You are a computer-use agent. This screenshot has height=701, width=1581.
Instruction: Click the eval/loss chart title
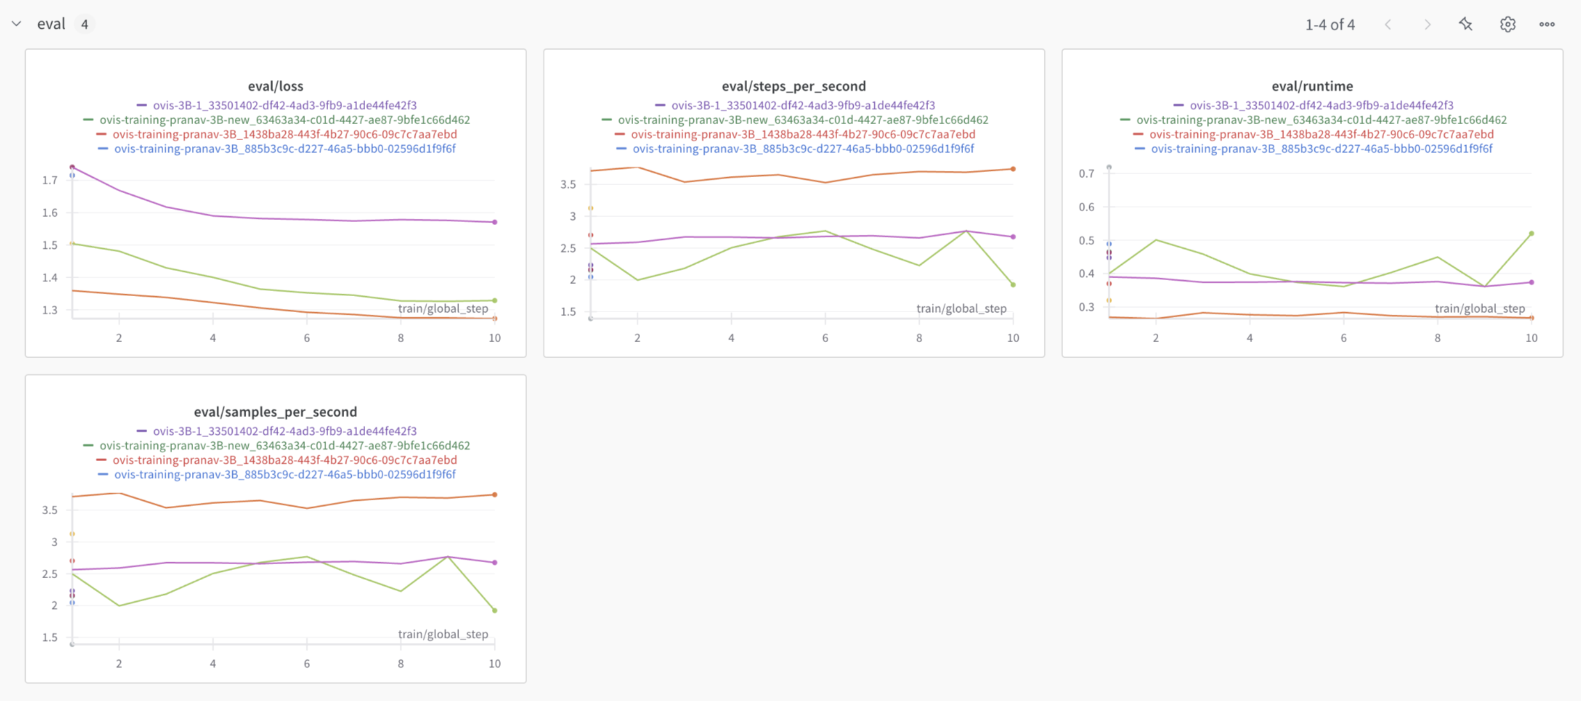click(276, 86)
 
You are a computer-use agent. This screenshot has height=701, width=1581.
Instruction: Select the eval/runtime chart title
click(1312, 86)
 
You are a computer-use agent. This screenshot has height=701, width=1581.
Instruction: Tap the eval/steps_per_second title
click(794, 86)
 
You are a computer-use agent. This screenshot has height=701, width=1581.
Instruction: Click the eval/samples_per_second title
click(276, 412)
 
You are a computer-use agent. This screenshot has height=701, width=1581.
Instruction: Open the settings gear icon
click(1507, 24)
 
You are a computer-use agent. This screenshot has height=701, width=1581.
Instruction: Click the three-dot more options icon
click(1547, 24)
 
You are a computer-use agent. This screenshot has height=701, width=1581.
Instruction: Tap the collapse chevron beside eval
click(17, 24)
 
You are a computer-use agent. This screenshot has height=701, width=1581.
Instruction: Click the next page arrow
click(1428, 24)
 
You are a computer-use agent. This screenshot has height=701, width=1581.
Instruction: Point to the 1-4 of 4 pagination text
click(1330, 24)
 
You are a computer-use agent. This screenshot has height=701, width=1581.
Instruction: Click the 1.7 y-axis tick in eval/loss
click(50, 180)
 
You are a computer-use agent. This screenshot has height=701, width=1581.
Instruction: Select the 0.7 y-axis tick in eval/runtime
click(1086, 173)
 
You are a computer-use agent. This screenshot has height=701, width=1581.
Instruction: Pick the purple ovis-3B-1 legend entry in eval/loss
click(284, 106)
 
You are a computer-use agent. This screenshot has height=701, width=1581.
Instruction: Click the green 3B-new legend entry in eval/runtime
click(1321, 120)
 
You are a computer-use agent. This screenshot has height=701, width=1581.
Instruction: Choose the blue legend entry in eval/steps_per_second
click(803, 149)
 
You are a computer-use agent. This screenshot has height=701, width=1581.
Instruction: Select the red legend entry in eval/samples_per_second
click(284, 461)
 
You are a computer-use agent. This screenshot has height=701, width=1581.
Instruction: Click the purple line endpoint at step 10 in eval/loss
click(495, 222)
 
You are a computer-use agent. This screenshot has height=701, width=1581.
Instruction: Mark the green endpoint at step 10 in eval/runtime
click(1531, 233)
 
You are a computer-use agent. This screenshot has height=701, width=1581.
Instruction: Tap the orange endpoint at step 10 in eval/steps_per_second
click(1013, 169)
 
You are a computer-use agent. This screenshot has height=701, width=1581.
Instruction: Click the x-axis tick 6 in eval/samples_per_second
click(307, 664)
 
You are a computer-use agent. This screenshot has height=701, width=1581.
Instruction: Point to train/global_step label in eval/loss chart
click(443, 309)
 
